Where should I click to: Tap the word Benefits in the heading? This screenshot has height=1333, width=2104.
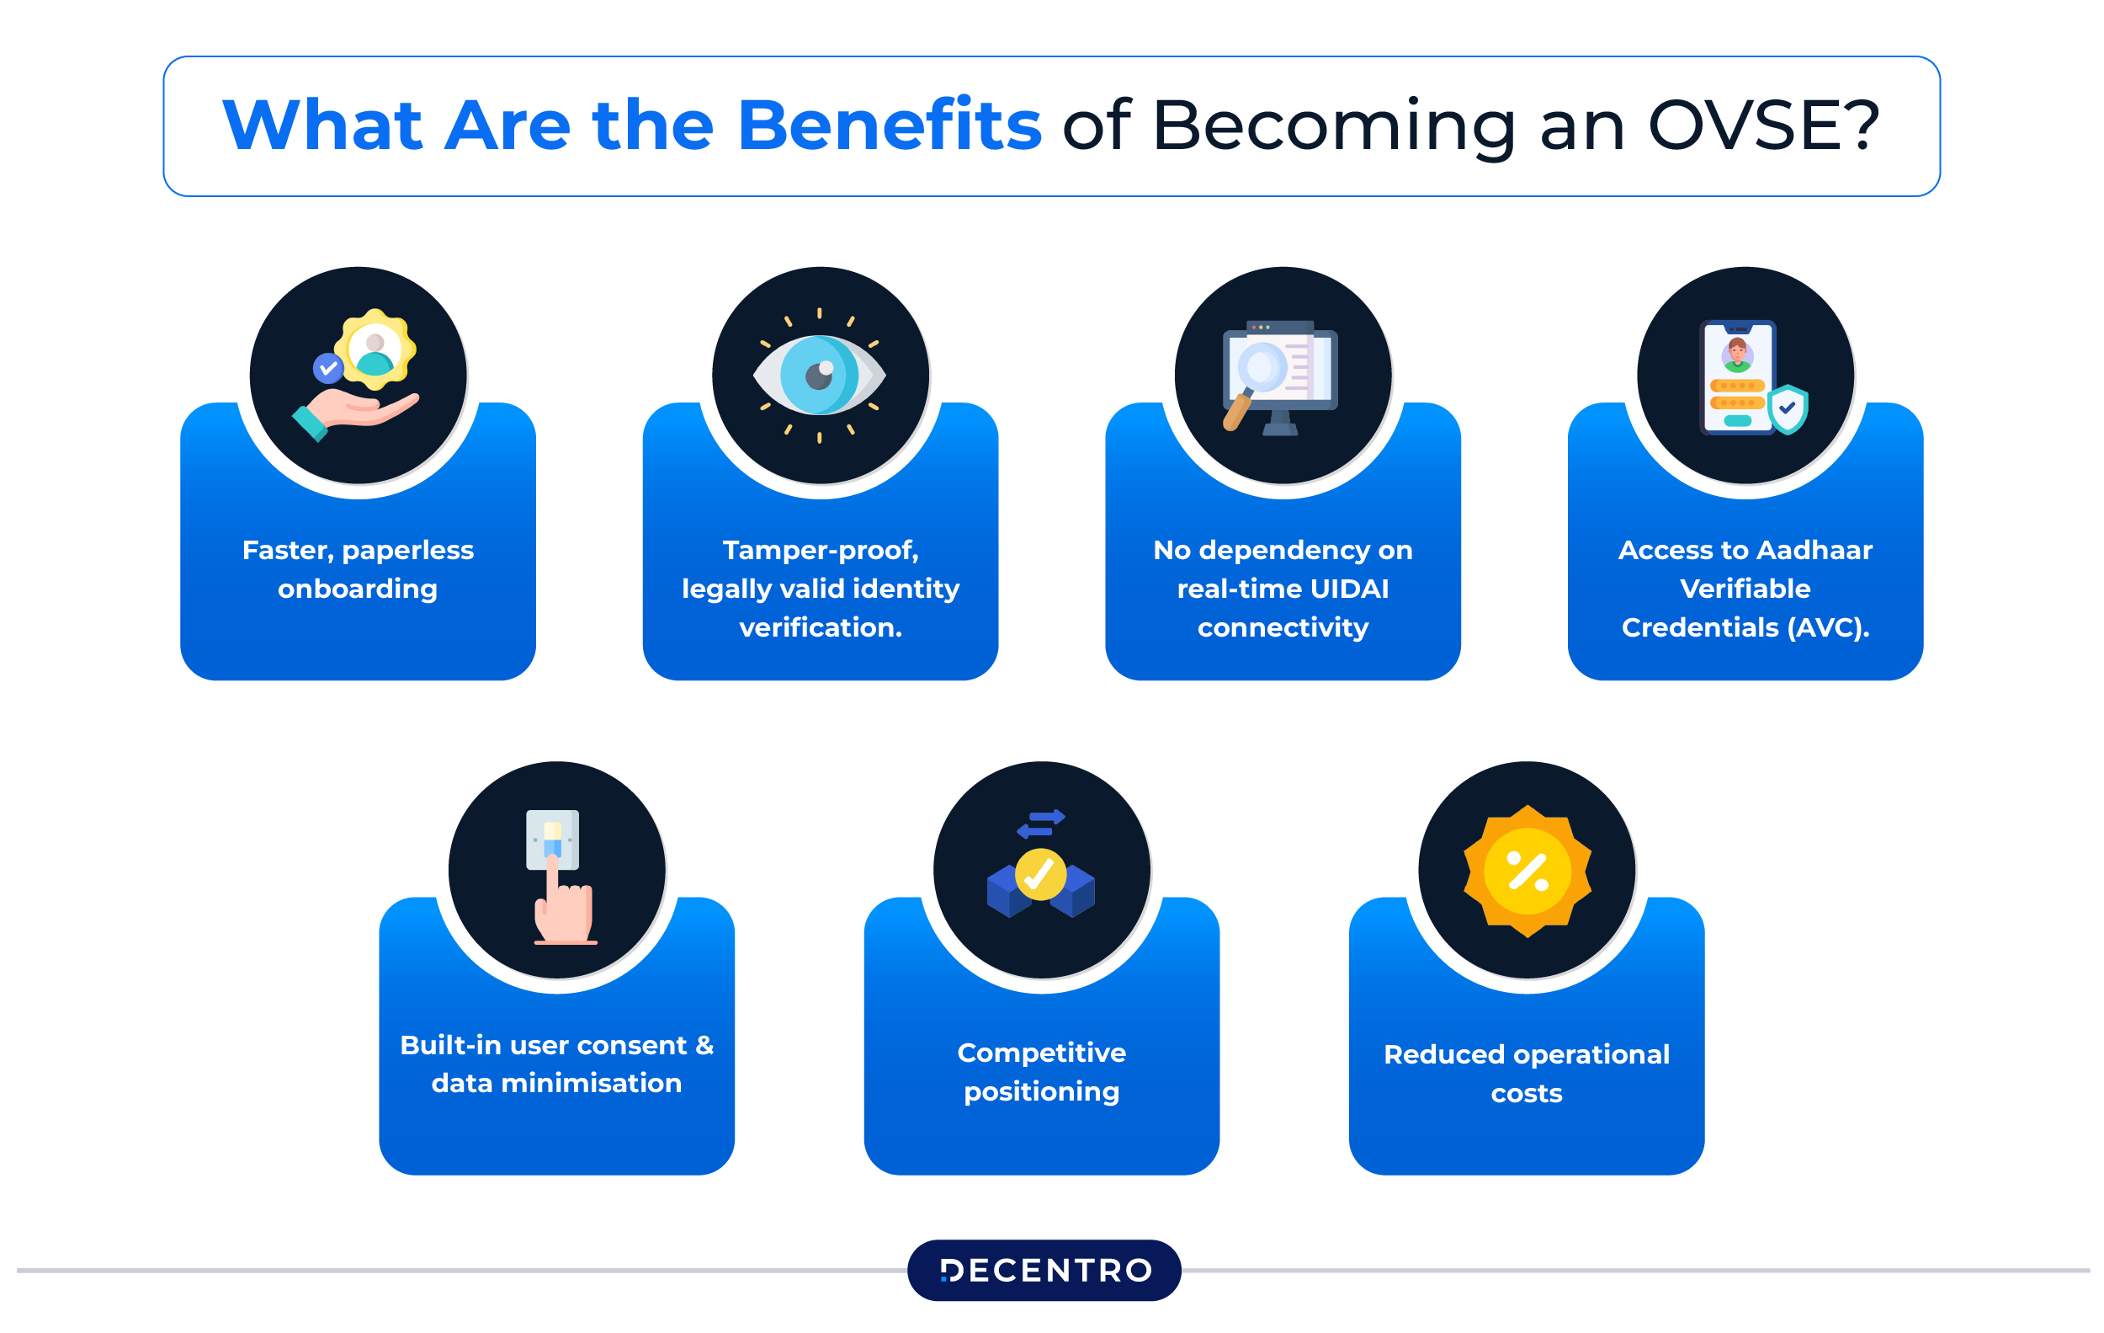[889, 125]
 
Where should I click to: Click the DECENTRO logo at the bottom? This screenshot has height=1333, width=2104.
[1044, 1270]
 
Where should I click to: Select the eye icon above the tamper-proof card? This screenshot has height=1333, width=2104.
[820, 376]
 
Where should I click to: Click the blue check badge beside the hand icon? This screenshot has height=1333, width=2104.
[327, 368]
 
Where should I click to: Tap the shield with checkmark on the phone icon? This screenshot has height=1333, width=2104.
[1788, 408]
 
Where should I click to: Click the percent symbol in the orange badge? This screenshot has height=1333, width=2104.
[1528, 872]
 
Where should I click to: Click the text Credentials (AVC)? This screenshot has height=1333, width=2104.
[1745, 627]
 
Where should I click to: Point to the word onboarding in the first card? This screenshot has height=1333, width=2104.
[358, 589]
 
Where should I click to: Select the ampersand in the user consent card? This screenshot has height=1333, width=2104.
[704, 1045]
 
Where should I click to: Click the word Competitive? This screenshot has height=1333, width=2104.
[1042, 1053]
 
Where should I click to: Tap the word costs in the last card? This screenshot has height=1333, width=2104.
[1527, 1094]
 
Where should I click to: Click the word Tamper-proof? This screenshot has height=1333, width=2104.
[821, 551]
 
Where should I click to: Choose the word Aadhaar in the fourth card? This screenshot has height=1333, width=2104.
[1814, 551]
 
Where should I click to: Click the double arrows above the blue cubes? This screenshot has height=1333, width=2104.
[1041, 824]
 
